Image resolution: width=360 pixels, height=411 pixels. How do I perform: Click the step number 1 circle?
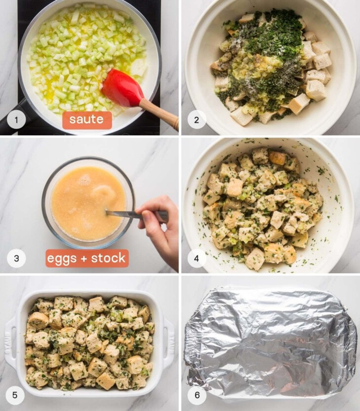click(x=16, y=120)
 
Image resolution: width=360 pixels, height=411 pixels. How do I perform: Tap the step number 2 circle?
click(x=196, y=120)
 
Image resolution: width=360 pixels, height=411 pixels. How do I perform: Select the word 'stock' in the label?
click(x=108, y=258)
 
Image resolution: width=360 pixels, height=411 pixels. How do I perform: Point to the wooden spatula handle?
click(x=160, y=114)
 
